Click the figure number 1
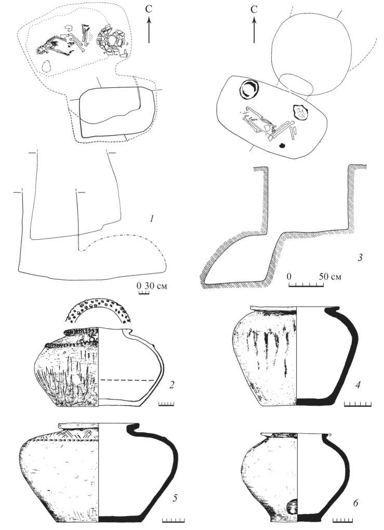click(x=152, y=219)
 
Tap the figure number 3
click(x=360, y=258)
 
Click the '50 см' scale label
click(x=330, y=277)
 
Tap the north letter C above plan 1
click(x=149, y=9)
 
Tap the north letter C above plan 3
click(x=254, y=9)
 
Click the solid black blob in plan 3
click(x=282, y=146)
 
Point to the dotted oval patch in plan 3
click(x=300, y=112)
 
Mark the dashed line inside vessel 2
click(x=128, y=380)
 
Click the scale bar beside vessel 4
click(x=357, y=404)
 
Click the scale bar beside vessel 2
click(x=166, y=404)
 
